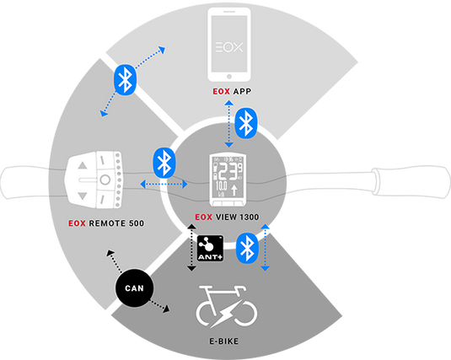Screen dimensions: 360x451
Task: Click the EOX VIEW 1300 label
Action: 225,215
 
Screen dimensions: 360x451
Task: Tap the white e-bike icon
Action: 225,307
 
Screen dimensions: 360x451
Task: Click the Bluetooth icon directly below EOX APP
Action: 245,125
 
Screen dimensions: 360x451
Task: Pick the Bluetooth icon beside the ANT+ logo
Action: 245,247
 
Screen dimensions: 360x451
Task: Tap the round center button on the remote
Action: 104,180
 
